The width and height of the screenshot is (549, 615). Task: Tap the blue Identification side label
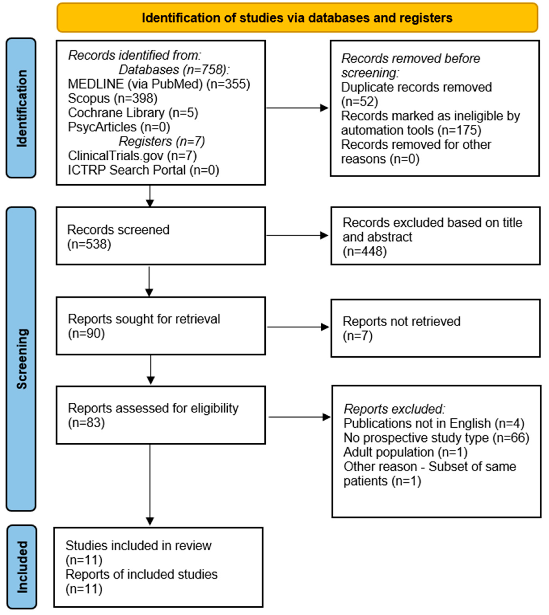click(x=21, y=108)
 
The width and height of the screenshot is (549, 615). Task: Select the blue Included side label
click(x=22, y=567)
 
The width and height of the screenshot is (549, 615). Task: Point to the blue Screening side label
click(x=21, y=359)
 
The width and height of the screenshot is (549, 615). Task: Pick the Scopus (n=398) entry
click(x=112, y=98)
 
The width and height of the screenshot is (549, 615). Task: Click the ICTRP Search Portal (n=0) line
click(x=143, y=170)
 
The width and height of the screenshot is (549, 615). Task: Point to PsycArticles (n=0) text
click(x=119, y=127)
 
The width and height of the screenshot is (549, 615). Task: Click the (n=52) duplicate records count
click(x=360, y=102)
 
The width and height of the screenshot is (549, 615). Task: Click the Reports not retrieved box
click(x=435, y=328)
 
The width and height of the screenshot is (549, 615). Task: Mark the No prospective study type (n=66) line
click(x=436, y=438)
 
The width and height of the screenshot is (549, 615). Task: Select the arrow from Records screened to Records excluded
click(x=297, y=236)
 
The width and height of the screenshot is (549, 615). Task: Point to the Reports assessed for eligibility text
click(x=153, y=408)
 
